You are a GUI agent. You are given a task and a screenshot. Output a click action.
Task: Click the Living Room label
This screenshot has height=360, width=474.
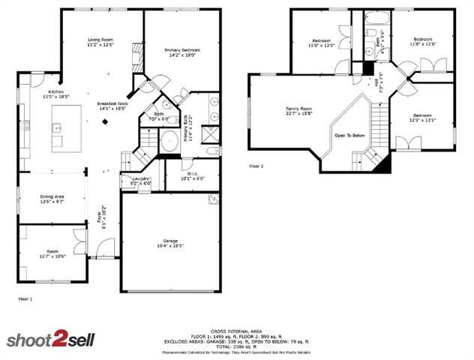(x=100, y=42)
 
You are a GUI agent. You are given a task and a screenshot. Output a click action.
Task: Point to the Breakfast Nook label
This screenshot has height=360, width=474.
(x=112, y=106)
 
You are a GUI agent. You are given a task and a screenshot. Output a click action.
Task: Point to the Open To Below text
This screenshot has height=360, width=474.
(x=349, y=135)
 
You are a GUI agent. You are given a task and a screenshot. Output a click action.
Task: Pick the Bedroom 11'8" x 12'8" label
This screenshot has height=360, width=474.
(x=422, y=41)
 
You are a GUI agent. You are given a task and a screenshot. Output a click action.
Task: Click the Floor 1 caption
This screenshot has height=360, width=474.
(x=25, y=298)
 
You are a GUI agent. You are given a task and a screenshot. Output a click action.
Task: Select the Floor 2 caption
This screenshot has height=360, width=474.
(x=257, y=166)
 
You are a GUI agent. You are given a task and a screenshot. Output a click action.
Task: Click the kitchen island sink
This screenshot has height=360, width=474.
(x=56, y=128)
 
